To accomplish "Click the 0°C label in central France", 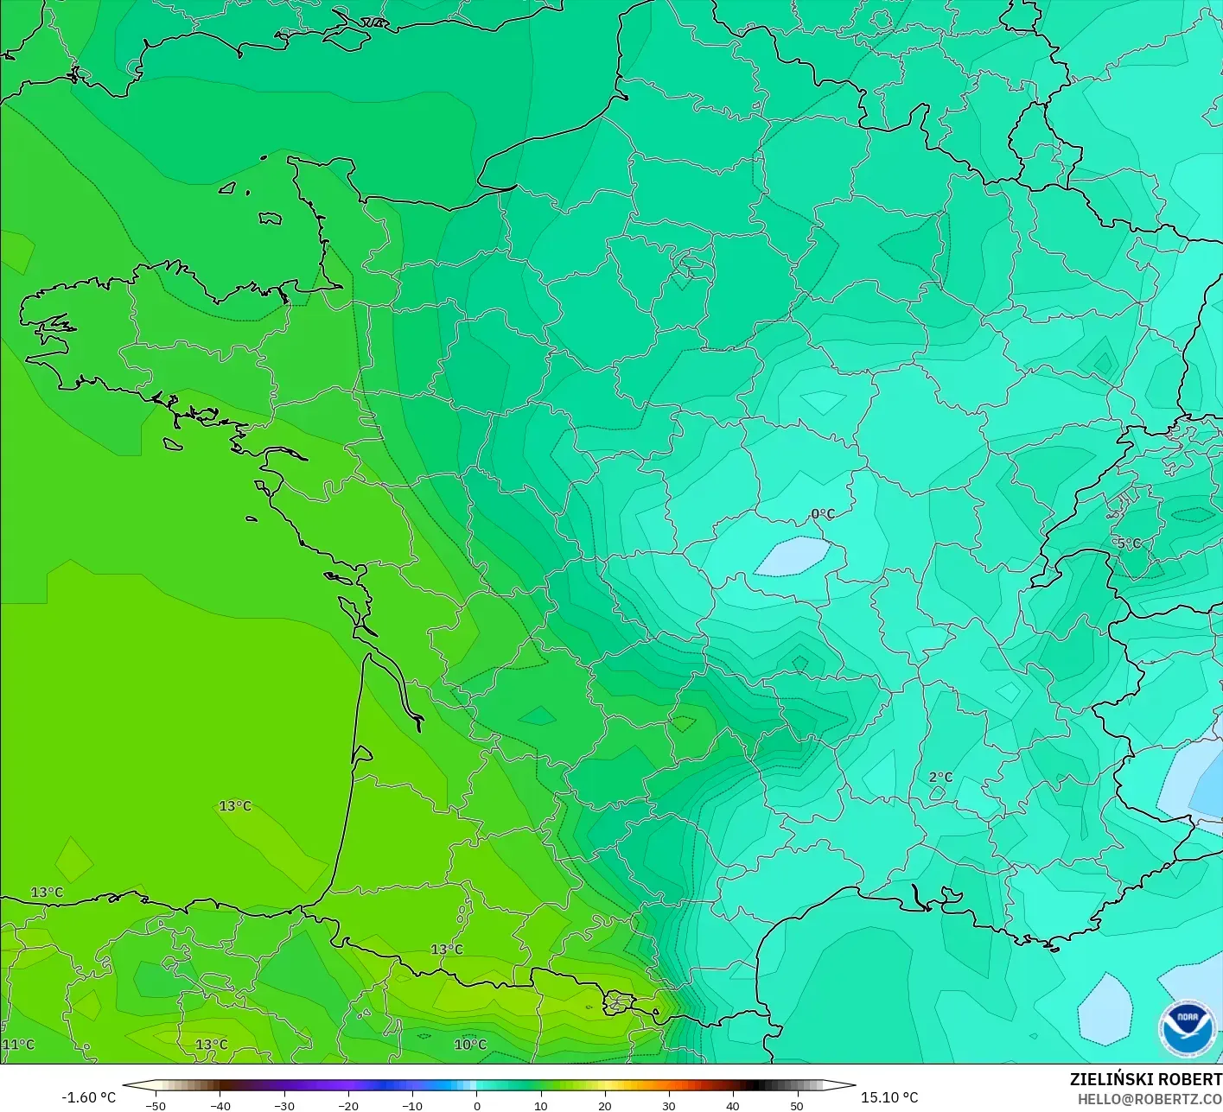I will click(823, 514).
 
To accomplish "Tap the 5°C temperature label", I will click(1129, 543).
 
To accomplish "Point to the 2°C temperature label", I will click(940, 777).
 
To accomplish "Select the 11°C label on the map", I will click(18, 1044).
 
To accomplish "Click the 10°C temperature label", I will click(470, 1044).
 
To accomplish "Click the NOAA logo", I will click(1188, 1029).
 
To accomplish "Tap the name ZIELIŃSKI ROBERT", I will click(1145, 1079).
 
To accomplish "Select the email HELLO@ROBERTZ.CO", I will click(1150, 1099).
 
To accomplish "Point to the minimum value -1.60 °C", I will click(88, 1097).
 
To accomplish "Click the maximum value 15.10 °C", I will click(889, 1097).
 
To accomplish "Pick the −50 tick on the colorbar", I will click(156, 1105).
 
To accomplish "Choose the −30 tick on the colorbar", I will click(283, 1105).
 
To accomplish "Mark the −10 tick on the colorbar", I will click(411, 1105).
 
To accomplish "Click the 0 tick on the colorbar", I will click(476, 1105).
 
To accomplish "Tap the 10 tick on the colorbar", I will click(540, 1105).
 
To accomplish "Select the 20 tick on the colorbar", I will click(604, 1105).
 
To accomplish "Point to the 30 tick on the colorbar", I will click(668, 1105).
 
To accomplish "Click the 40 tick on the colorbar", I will click(732, 1105).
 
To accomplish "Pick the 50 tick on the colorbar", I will click(796, 1105).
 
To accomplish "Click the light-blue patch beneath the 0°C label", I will click(793, 556).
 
